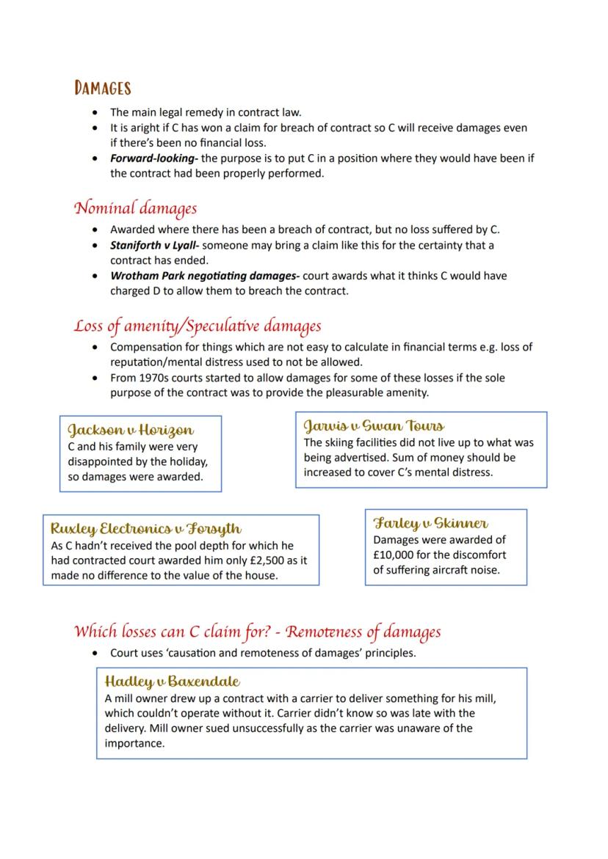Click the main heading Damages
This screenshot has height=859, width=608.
[102, 89]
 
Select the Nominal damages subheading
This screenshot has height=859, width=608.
[135, 208]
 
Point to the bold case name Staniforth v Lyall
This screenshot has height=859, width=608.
[149, 245]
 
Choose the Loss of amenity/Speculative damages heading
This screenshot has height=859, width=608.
[198, 326]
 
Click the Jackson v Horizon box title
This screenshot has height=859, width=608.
[131, 430]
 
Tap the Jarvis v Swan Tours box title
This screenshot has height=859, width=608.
[374, 425]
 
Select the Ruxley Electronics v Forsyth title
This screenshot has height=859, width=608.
[145, 528]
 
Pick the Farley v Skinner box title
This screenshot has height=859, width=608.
[431, 523]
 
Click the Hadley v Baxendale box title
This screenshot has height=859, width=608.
[173, 681]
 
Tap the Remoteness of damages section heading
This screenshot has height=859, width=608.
[257, 632]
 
